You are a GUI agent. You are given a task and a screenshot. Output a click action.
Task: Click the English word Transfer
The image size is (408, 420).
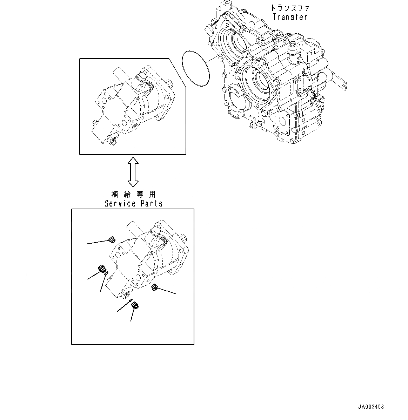pyautogui.click(x=290, y=17)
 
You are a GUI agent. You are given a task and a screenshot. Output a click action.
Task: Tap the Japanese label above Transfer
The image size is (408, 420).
pyautogui.click(x=290, y=8)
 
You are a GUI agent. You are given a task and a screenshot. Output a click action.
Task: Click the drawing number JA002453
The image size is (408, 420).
pyautogui.click(x=371, y=407)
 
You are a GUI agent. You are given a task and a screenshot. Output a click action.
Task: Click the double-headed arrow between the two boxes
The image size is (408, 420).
pyautogui.click(x=133, y=171)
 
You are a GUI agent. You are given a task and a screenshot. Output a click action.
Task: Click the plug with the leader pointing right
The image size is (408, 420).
pyautogui.click(x=154, y=288)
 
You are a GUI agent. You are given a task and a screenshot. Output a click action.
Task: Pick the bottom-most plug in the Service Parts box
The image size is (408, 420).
pyautogui.click(x=135, y=306)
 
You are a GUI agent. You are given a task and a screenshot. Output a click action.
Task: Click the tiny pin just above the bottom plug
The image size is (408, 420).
pyautogui.click(x=130, y=301)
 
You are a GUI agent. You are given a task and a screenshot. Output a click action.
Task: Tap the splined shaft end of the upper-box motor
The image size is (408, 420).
pyautogui.click(x=170, y=84)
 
